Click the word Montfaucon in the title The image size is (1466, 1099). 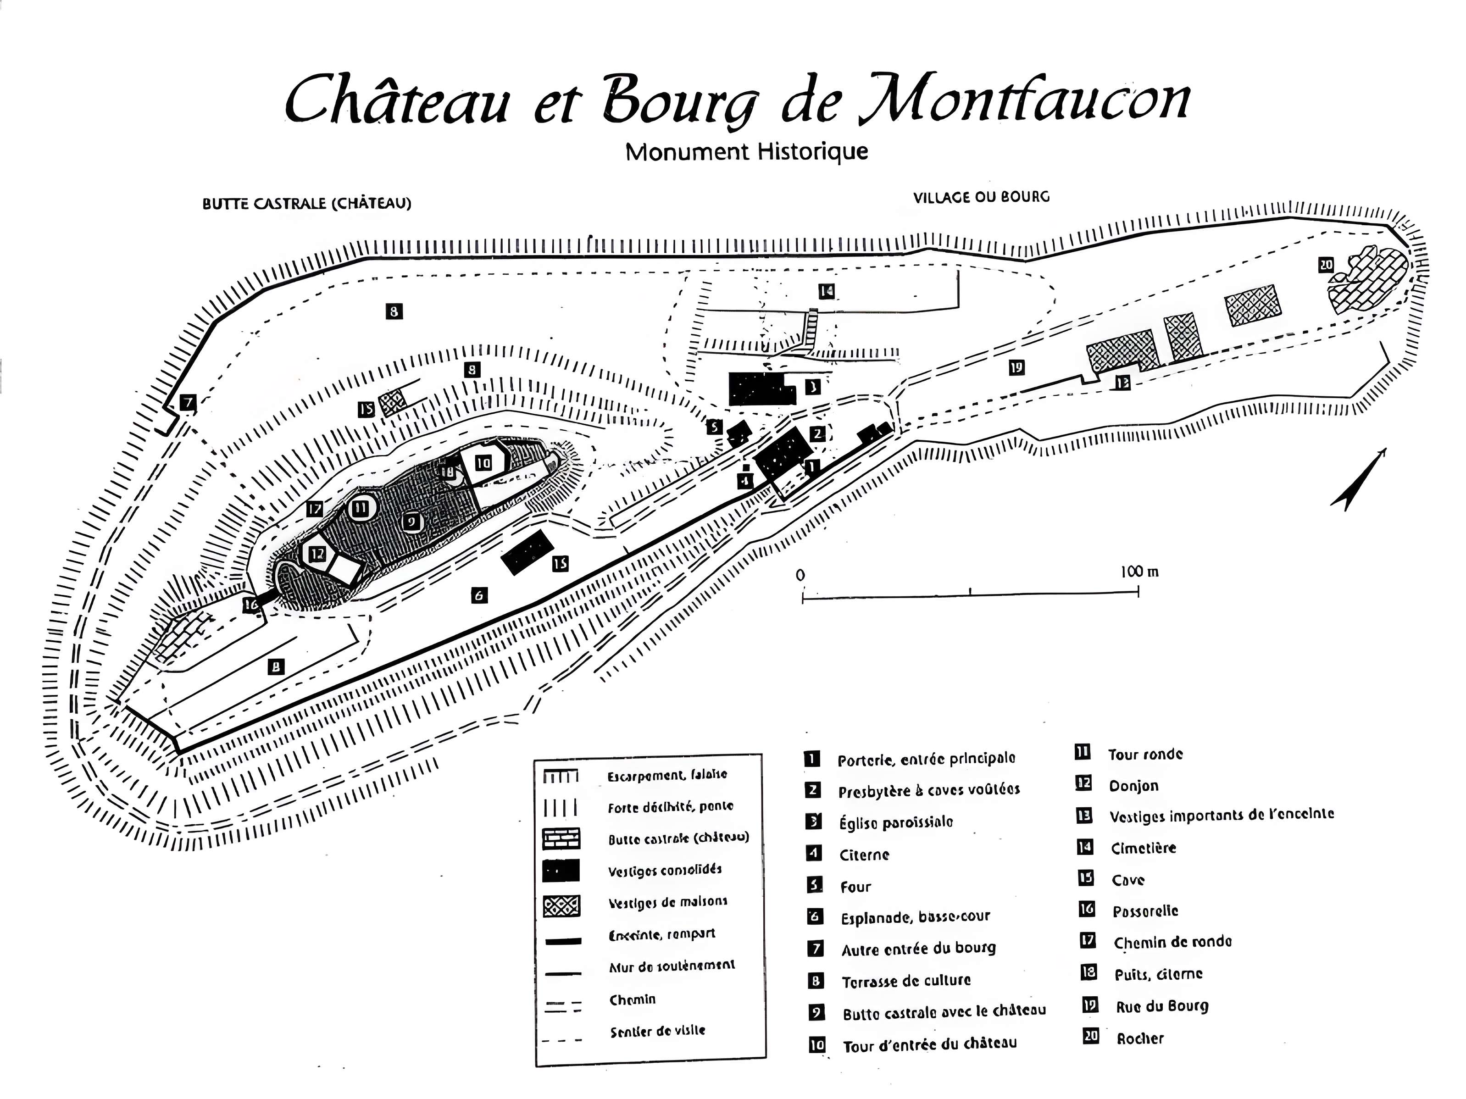1024,100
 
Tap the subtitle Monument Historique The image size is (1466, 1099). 746,152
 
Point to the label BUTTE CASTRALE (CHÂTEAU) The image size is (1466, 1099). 307,204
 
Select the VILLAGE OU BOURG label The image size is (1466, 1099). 981,197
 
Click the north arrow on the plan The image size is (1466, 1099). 1359,481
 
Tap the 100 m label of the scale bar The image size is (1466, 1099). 1139,572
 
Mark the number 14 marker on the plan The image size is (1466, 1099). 826,291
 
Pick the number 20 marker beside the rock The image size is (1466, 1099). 1326,265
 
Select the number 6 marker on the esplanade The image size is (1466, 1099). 479,595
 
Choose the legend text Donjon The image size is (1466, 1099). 1133,786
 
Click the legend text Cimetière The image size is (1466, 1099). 1143,849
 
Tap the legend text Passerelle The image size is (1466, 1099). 1145,911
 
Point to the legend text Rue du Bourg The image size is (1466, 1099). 1162,1007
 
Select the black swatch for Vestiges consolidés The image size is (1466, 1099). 561,870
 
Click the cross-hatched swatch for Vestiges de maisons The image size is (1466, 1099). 561,905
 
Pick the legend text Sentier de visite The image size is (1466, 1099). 657,1031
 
